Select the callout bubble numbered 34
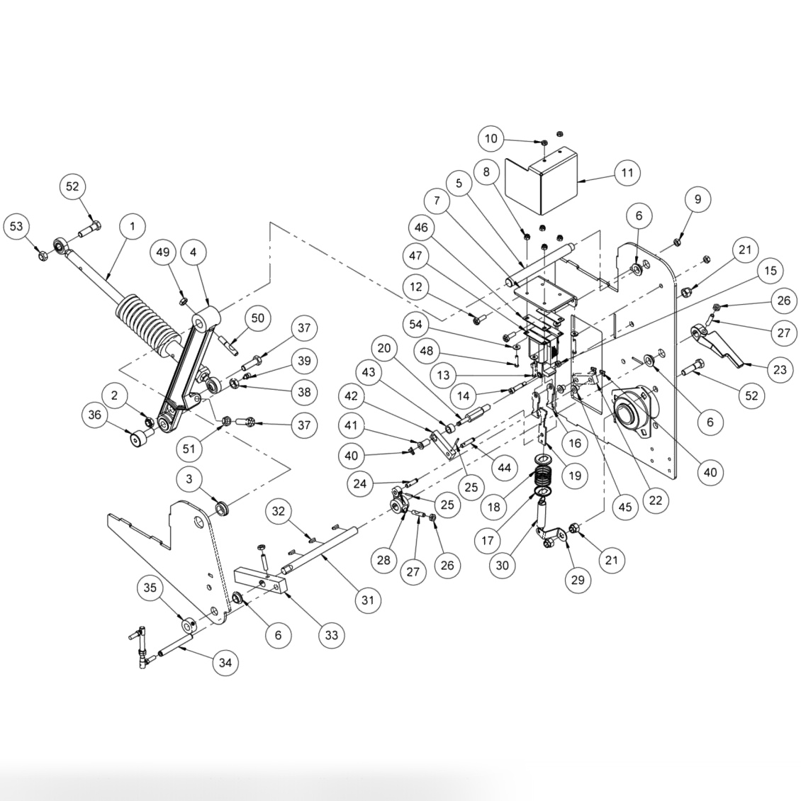225,663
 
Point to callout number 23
779,369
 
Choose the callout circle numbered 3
189,479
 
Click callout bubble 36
96,415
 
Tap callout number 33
331,635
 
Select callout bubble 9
698,200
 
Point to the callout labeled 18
494,508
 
